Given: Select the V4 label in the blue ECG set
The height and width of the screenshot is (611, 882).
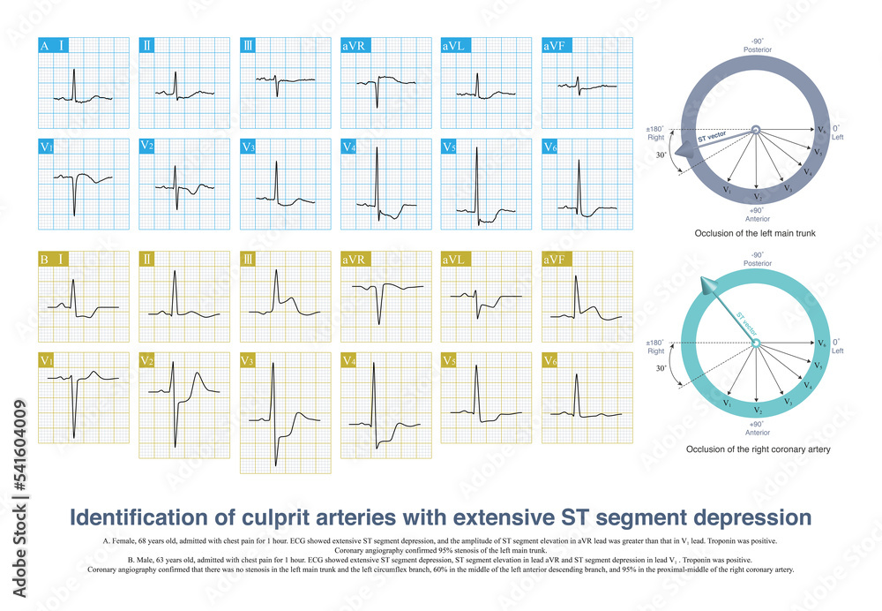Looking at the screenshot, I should [x=350, y=147].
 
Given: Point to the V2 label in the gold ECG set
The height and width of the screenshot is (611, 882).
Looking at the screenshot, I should [x=148, y=360].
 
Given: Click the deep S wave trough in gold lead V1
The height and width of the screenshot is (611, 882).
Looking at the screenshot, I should [x=74, y=437].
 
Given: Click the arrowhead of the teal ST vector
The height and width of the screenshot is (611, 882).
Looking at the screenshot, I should [x=707, y=284].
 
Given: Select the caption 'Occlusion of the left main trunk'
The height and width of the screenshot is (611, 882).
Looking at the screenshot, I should [x=756, y=234].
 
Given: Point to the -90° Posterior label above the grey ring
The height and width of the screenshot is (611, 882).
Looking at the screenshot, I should [x=756, y=45].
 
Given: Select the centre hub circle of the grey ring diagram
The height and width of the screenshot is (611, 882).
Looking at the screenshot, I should [x=756, y=131].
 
